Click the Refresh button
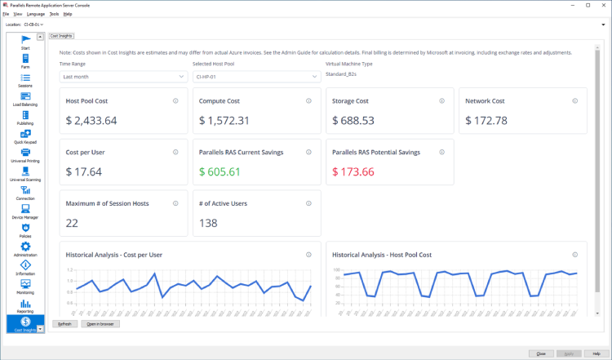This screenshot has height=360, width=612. (x=64, y=324)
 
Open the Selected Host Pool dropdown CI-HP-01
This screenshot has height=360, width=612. (x=256, y=77)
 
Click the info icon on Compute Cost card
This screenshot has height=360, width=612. (x=308, y=101)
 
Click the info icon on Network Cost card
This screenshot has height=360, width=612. (x=575, y=101)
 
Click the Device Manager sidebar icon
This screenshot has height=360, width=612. (x=25, y=211)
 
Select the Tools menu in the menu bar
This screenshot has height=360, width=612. (x=54, y=14)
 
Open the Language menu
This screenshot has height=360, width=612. (x=36, y=14)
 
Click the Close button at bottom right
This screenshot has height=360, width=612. (x=541, y=353)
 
